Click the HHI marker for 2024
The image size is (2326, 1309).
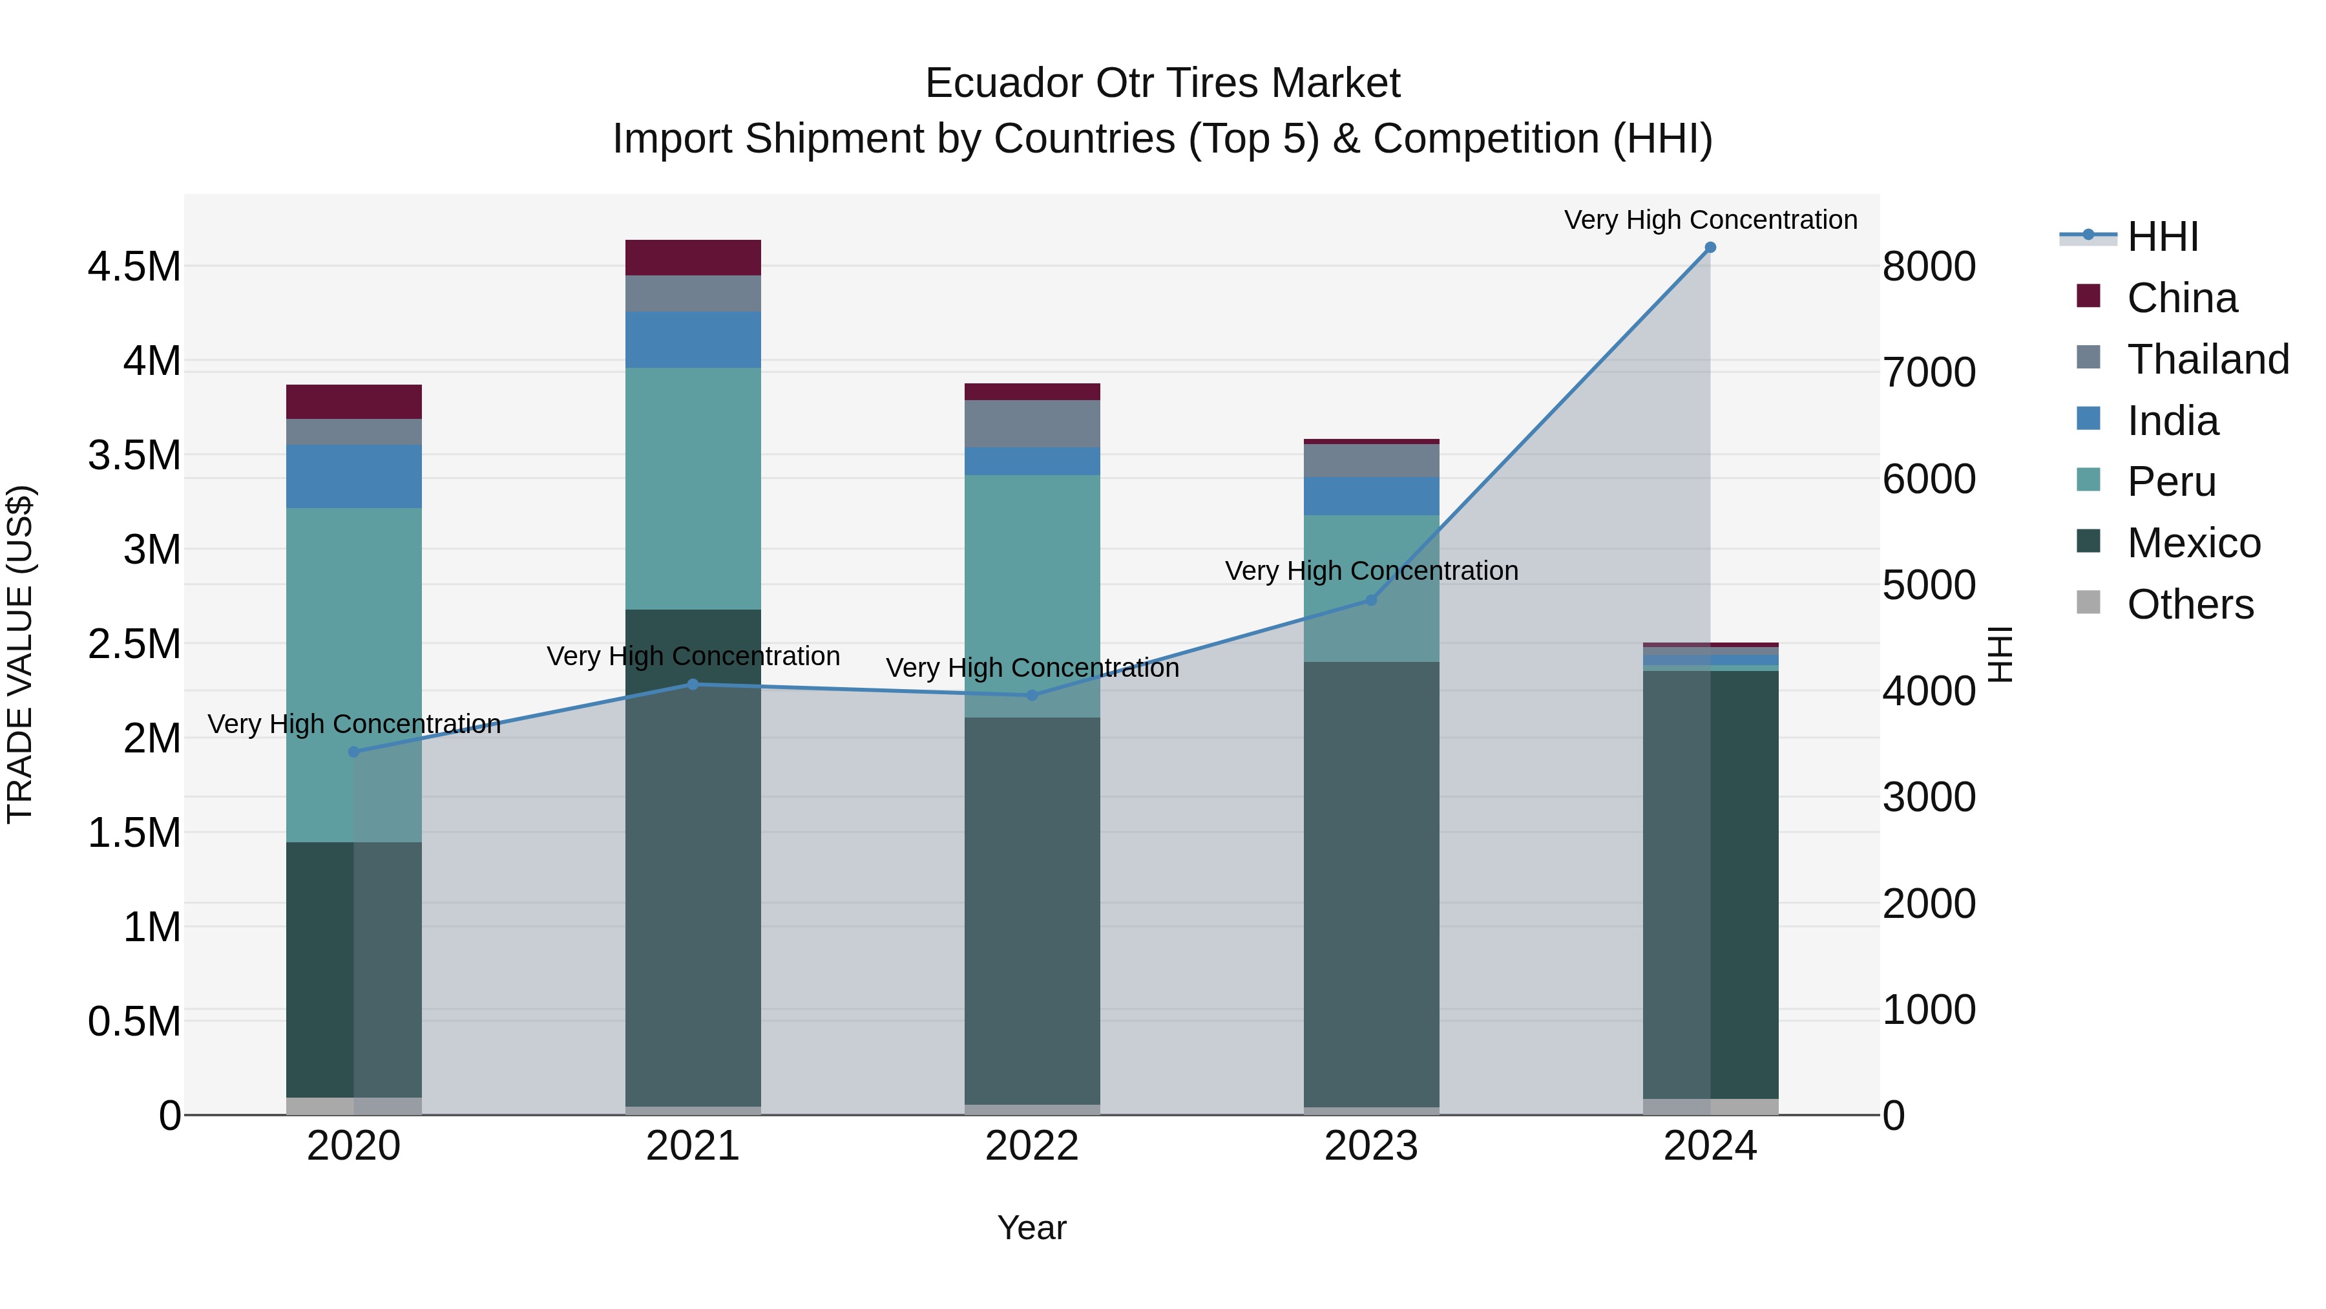pyautogui.click(x=1710, y=248)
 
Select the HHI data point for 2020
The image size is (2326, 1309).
pyautogui.click(x=354, y=752)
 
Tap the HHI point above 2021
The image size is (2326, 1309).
pyautogui.click(x=693, y=684)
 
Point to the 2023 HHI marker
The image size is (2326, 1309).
pyautogui.click(x=1370, y=600)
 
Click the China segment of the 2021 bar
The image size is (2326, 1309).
pyautogui.click(x=693, y=257)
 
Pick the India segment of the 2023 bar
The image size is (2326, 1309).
pyautogui.click(x=1370, y=496)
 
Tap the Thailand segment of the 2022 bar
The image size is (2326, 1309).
pyautogui.click(x=1032, y=423)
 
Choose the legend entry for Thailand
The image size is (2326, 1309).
pyautogui.click(x=2207, y=359)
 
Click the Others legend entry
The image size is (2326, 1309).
pyautogui.click(x=2189, y=604)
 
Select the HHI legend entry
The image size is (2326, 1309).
pyautogui.click(x=2162, y=237)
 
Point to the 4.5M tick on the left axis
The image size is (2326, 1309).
pyautogui.click(x=134, y=268)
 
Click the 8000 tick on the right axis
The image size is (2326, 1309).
pyautogui.click(x=1929, y=268)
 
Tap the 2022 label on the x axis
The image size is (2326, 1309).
pyautogui.click(x=1032, y=1146)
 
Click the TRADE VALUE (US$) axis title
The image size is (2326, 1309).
pyautogui.click(x=20, y=654)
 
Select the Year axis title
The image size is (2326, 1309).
pyautogui.click(x=1032, y=1228)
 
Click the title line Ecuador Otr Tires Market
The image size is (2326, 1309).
pyautogui.click(x=1162, y=83)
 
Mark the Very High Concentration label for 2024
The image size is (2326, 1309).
pyautogui.click(x=1710, y=220)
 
